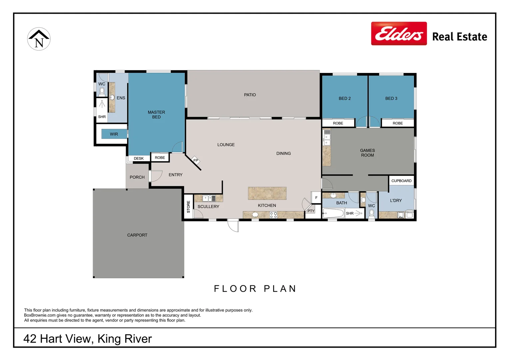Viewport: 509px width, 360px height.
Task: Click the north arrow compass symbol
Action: coord(39,39)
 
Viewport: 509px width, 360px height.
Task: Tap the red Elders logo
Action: coord(399,33)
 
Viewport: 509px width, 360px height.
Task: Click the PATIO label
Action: coord(250,95)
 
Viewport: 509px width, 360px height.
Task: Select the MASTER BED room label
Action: coord(156,115)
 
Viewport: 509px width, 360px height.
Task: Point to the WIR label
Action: coord(114,134)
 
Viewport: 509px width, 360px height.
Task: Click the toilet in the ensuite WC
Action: coord(102,92)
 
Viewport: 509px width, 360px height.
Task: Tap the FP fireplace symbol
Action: coord(196,161)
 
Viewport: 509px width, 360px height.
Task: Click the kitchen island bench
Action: coord(267,193)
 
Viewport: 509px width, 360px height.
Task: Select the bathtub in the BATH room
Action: coord(333,213)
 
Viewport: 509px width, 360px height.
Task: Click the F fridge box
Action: coord(316,198)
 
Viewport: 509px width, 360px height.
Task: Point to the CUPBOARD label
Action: coord(401,181)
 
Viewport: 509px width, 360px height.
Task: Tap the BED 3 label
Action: coord(391,98)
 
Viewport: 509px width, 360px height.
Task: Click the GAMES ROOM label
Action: coord(367,153)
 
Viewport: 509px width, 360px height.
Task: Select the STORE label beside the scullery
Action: coord(188,207)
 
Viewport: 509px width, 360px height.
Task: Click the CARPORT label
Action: coord(137,235)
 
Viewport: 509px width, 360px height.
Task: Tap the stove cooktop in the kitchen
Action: coord(273,215)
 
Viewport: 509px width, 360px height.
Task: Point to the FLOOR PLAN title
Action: coord(255,289)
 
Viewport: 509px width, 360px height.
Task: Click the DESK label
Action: coord(139,159)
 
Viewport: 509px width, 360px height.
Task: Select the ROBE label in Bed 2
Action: coord(338,123)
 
